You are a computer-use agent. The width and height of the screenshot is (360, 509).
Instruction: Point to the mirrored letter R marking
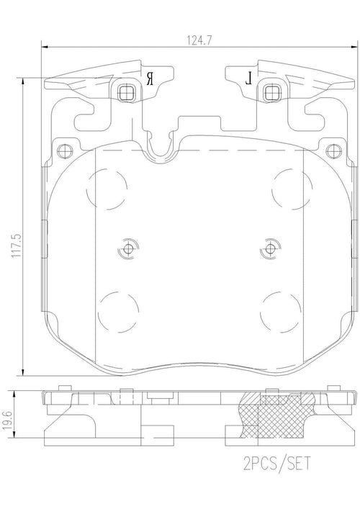[150, 78]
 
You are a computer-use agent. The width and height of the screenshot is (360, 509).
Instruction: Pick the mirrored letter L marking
[248, 78]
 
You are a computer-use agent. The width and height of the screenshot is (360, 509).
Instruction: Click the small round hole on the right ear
[332, 151]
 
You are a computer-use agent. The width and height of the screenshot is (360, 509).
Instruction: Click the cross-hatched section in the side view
[277, 414]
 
